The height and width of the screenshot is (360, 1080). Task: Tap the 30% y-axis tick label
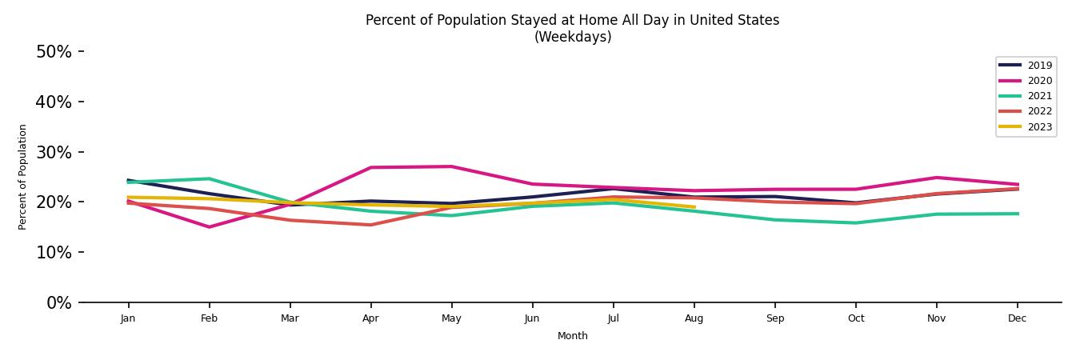pos(54,153)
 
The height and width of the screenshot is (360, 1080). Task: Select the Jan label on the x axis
pos(128,318)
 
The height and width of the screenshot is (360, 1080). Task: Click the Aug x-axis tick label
pos(694,318)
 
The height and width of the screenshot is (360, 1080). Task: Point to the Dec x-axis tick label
pos(1017,318)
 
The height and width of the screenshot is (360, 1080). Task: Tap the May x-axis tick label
pos(451,318)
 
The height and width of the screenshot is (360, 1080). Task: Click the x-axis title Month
pos(572,336)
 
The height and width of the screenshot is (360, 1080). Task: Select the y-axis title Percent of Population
pos(23,177)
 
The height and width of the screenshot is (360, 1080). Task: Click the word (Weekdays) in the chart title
pos(572,38)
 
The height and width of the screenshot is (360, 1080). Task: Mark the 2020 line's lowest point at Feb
pos(209,227)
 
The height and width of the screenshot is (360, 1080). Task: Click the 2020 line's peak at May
pos(451,166)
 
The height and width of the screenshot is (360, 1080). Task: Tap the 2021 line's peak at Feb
pos(209,178)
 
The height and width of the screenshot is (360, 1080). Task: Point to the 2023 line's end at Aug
pos(694,207)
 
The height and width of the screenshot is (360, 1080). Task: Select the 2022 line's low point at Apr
pos(370,225)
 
